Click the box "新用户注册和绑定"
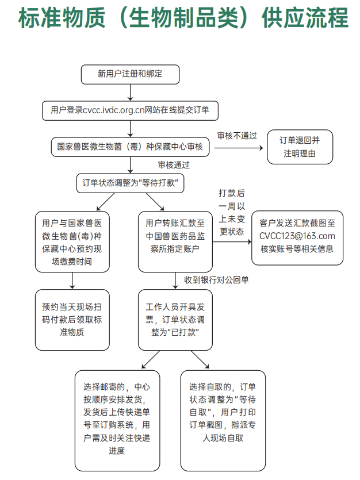[130, 74]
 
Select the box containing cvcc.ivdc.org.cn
[130, 110]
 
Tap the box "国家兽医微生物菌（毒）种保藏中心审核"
[130, 146]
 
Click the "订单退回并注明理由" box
[299, 147]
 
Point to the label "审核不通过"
[236, 136]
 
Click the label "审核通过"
[174, 164]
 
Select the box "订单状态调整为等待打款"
[130, 183]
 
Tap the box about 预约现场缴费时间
[72, 241]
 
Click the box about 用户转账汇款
[175, 241]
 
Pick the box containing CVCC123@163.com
[297, 236]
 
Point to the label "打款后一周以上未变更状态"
[232, 213]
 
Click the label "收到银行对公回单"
[216, 280]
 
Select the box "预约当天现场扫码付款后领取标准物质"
[72, 320]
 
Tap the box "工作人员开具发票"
[175, 320]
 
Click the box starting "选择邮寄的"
[117, 419]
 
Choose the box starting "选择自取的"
[223, 419]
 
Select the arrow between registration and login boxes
[131, 91]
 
